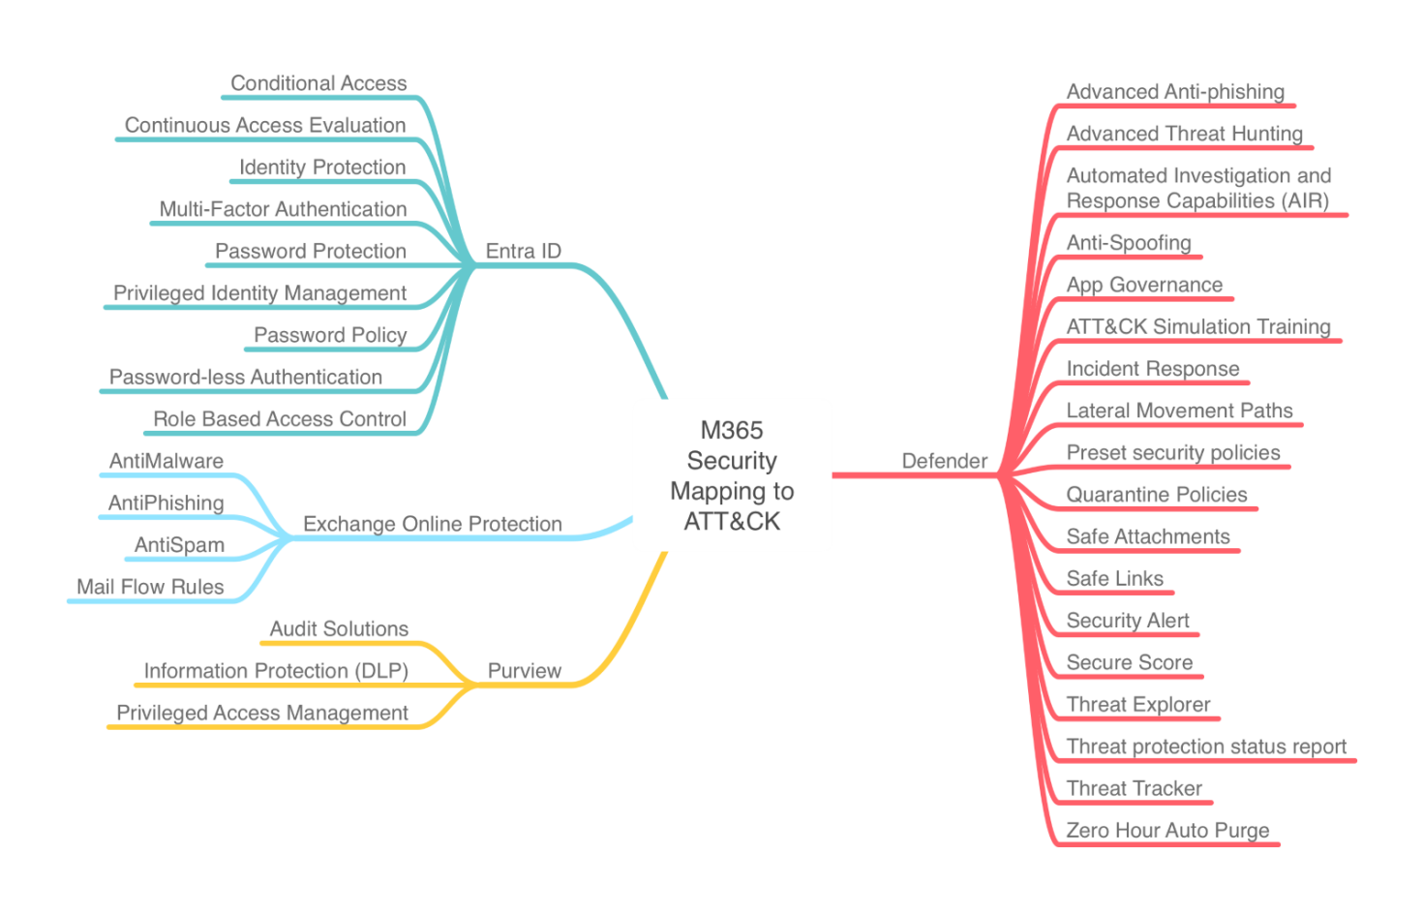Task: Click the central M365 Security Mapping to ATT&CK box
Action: pos(732,474)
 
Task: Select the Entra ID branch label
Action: pos(523,252)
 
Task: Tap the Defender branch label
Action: pos(944,461)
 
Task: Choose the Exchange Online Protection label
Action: pos(433,524)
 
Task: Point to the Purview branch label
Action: pos(524,671)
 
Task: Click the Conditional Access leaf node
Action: pos(318,83)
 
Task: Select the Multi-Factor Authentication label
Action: pos(283,209)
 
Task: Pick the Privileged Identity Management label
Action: pos(259,293)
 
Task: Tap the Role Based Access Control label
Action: pos(279,419)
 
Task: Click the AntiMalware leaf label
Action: pos(166,461)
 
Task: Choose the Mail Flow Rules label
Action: pos(150,587)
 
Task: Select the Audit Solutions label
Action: pos(339,629)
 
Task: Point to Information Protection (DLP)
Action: pos(276,671)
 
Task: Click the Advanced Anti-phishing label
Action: pos(1175,92)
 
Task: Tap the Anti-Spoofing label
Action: pos(1129,243)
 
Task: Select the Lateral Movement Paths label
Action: pos(1179,411)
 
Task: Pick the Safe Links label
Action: pos(1114,579)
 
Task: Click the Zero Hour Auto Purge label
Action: pos(1167,831)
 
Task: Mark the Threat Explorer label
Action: pos(1138,705)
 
